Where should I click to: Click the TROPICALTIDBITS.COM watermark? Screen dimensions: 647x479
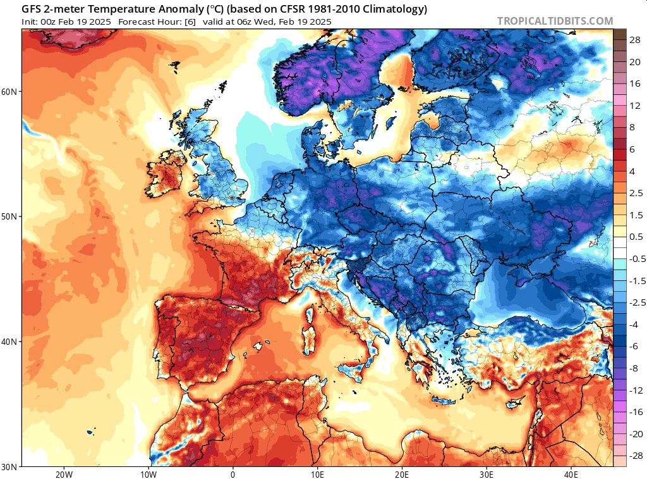pyautogui.click(x=555, y=21)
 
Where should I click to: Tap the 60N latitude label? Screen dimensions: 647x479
pyautogui.click(x=9, y=92)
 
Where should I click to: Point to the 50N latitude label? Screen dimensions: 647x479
pyautogui.click(x=9, y=217)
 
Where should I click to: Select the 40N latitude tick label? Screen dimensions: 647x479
pyautogui.click(x=9, y=342)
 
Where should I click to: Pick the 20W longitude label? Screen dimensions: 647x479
pyautogui.click(x=64, y=475)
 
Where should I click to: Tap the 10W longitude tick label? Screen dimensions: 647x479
pyautogui.click(x=148, y=475)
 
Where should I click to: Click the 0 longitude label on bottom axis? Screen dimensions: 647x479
pyautogui.click(x=233, y=475)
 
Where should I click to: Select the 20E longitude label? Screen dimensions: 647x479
pyautogui.click(x=402, y=475)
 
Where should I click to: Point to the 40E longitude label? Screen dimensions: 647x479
pyautogui.click(x=571, y=475)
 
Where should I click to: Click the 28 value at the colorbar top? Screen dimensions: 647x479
pyautogui.click(x=635, y=40)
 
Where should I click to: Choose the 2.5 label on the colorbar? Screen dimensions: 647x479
pyautogui.click(x=636, y=193)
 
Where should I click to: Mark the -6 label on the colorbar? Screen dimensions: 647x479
pyautogui.click(x=634, y=346)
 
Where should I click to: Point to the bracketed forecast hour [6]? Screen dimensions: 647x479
pyautogui.click(x=190, y=22)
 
